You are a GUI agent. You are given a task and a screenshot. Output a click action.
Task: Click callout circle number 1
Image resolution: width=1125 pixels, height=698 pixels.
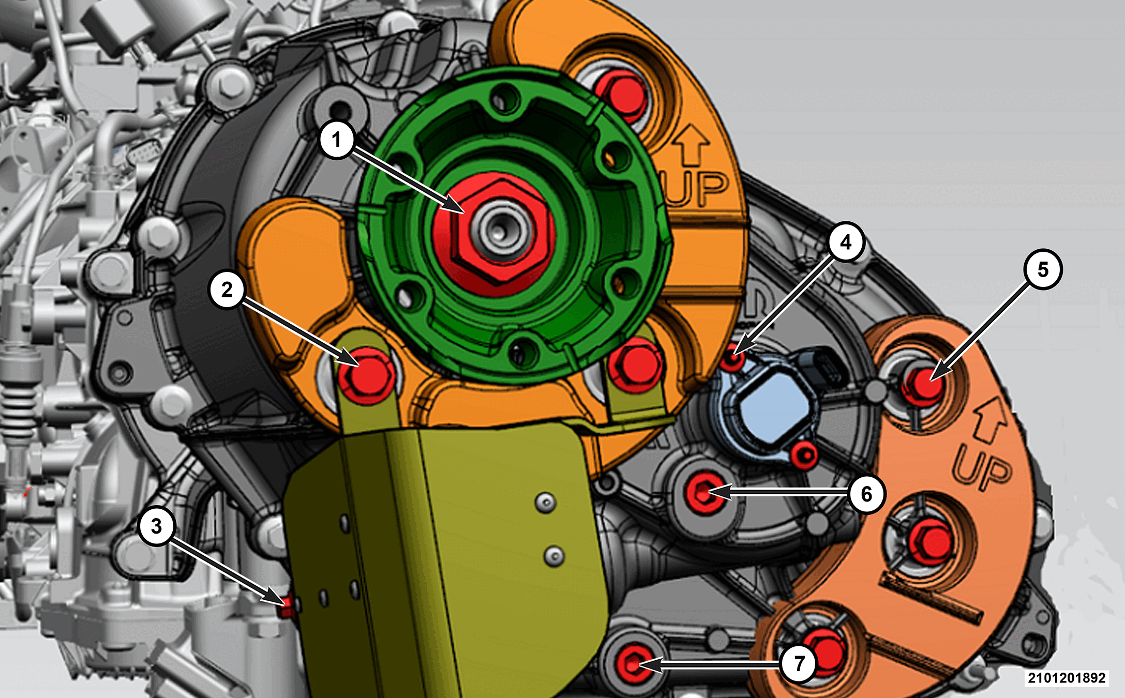(337, 139)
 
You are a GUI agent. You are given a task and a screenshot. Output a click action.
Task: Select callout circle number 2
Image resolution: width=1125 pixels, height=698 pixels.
(227, 290)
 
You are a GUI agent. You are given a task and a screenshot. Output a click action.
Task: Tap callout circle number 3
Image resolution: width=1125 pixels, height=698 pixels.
(157, 526)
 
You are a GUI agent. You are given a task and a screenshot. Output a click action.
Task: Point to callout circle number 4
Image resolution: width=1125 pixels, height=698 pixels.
(846, 241)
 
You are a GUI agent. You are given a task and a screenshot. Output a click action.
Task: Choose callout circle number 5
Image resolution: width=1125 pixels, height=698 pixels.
(1043, 269)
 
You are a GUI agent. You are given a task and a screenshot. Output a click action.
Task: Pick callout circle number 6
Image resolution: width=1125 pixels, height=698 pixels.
(867, 494)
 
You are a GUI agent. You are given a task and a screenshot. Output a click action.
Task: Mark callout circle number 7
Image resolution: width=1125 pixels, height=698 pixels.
(799, 663)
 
